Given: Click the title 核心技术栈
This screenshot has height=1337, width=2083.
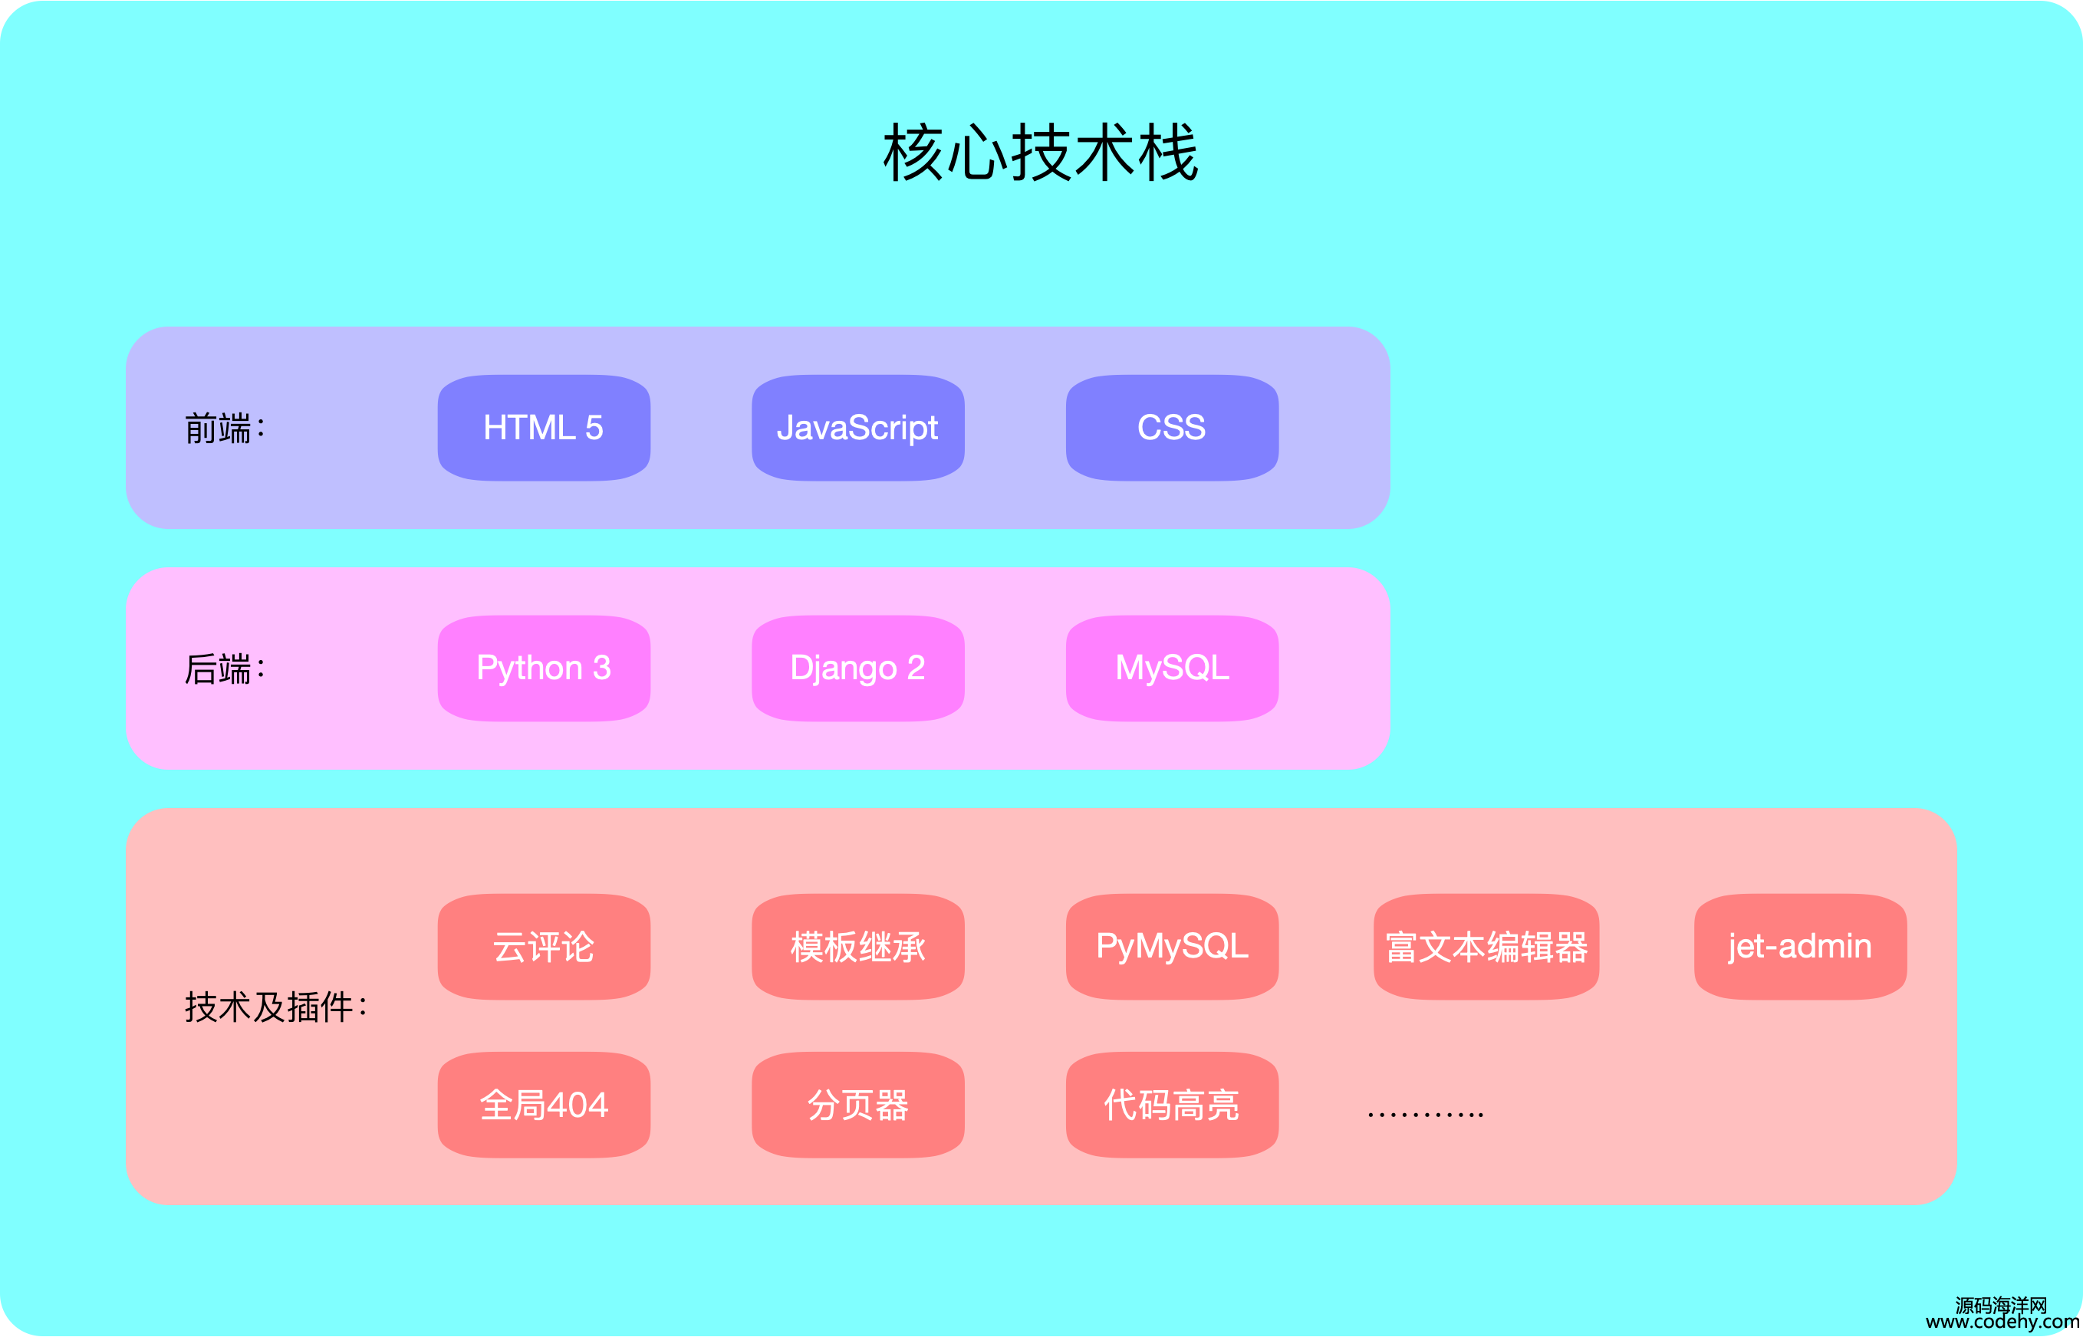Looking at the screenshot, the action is pos(1040,152).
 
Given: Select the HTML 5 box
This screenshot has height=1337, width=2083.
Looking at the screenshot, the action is pos(544,427).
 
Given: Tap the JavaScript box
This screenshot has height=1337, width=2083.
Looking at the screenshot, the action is pos(858,427).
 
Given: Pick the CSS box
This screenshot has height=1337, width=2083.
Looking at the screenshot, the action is pos(1172,427).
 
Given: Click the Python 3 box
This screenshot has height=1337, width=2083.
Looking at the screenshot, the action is pos(544,668).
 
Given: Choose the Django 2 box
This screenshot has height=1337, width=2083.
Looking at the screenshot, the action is pos(858,668).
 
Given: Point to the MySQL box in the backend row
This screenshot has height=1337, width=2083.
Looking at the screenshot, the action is pos(1172,668).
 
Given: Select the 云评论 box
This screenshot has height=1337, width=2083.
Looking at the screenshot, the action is pos(544,946).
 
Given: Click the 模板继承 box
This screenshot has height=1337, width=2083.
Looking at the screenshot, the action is pos(858,946).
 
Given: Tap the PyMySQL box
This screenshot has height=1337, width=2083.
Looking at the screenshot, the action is pos(1172,946).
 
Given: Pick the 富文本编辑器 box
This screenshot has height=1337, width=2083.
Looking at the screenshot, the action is pos(1486,946).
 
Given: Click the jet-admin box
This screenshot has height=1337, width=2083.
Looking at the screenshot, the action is pos(1800,946).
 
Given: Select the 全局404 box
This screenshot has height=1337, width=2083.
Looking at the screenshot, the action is pos(544,1105).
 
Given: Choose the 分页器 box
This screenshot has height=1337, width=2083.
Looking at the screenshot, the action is pos(858,1105).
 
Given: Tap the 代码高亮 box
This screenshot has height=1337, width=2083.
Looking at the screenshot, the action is pos(1172,1105).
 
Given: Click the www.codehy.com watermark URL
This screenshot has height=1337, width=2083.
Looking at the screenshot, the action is pos(2002,1322).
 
